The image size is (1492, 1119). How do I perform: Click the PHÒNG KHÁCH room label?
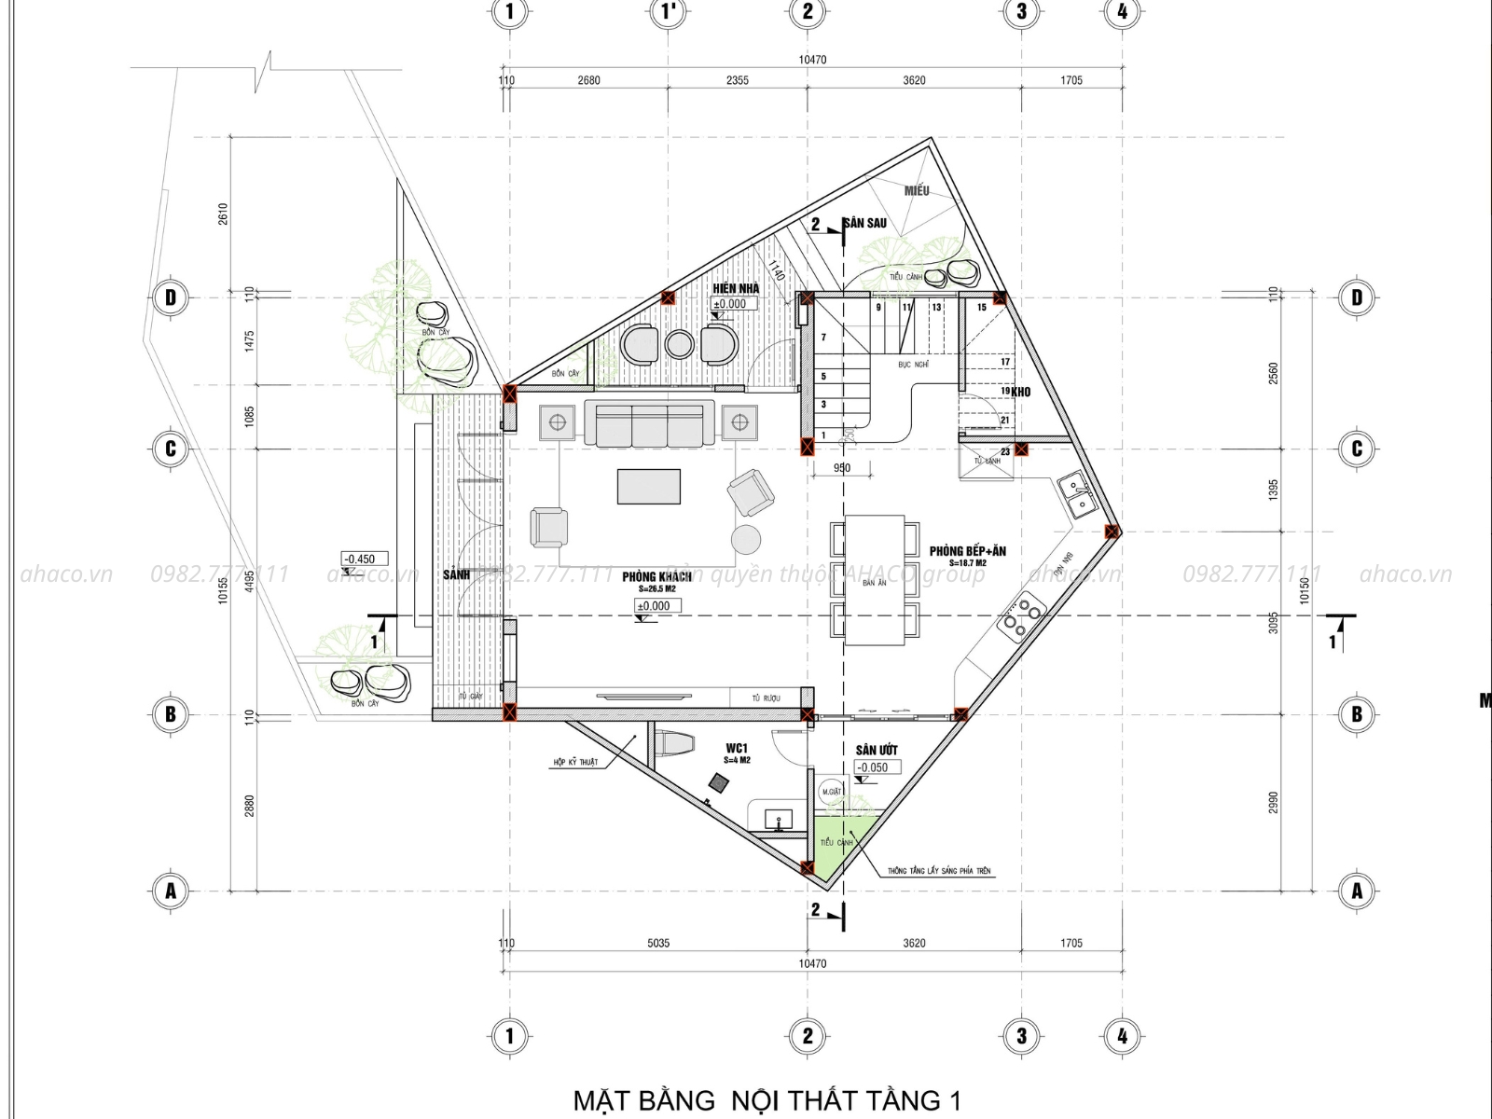click(657, 576)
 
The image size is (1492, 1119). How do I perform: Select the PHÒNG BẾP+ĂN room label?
click(967, 551)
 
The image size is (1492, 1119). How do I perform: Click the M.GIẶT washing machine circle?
click(831, 791)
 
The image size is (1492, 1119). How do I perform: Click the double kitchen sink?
click(1078, 494)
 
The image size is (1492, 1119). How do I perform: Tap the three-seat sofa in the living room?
click(649, 424)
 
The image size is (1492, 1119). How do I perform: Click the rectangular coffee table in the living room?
click(648, 486)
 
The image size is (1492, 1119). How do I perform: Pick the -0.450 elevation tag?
click(359, 559)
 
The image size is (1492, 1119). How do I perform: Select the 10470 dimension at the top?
click(812, 60)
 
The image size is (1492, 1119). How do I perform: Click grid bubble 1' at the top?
click(669, 11)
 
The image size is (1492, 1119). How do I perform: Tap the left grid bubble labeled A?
click(171, 891)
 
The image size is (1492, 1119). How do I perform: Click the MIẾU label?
click(916, 191)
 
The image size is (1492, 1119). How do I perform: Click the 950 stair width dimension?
click(842, 469)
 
